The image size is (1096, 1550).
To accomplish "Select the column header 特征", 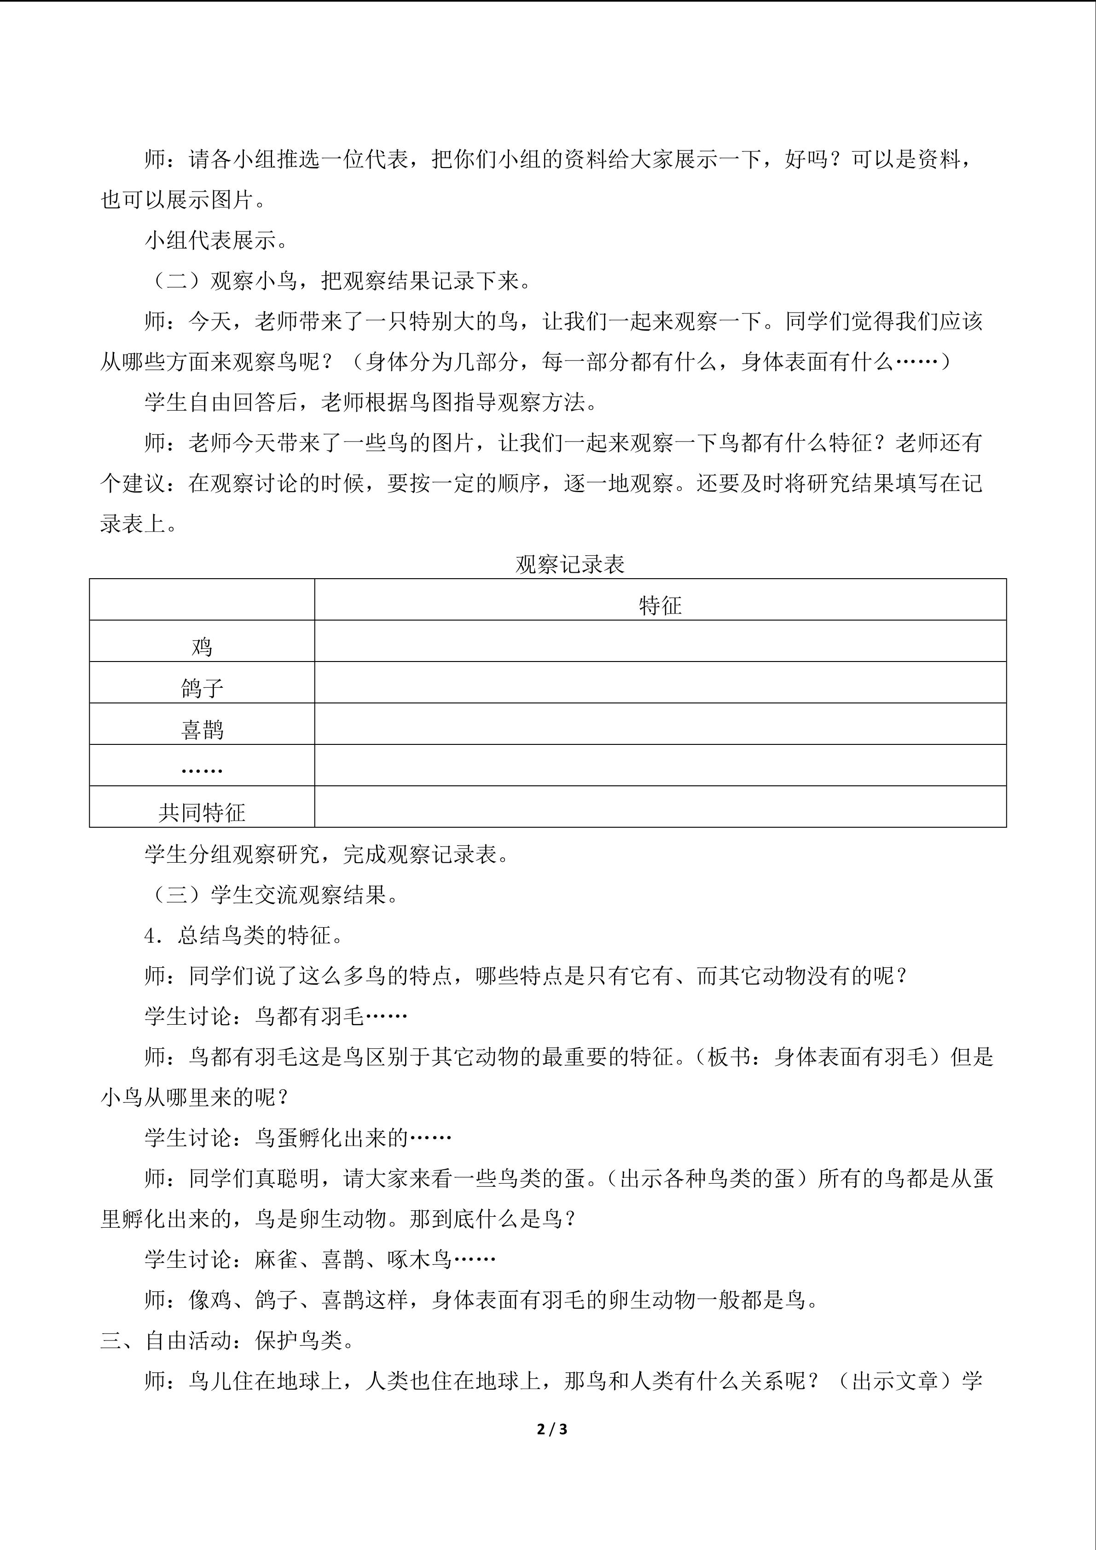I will [660, 605].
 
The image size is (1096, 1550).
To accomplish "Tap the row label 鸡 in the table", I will [202, 647].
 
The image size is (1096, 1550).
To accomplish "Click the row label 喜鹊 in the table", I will [202, 730].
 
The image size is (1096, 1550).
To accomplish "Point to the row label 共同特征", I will [202, 812].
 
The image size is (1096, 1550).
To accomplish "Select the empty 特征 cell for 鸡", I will [660, 641].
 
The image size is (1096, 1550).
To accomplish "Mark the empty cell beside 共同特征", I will [660, 807].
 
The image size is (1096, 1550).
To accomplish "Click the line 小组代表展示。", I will [217, 240].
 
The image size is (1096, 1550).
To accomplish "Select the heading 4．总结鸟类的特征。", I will [244, 936].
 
